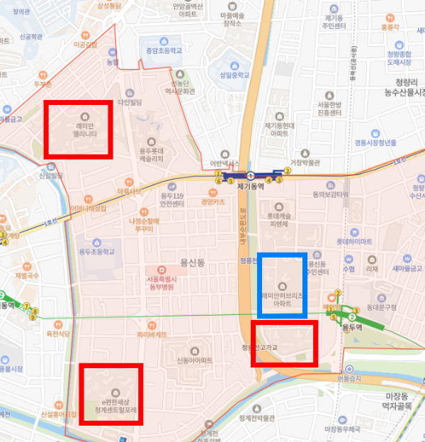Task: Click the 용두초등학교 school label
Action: (x=96, y=252)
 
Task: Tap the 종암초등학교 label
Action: (x=160, y=51)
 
